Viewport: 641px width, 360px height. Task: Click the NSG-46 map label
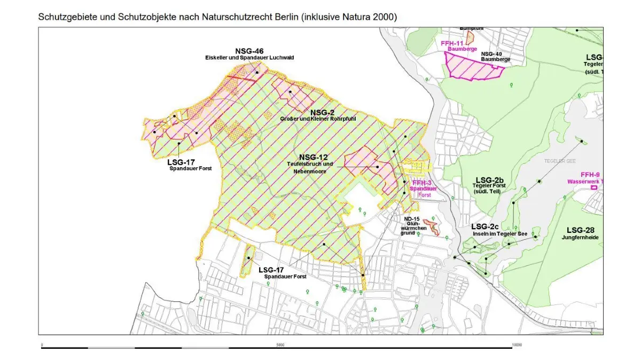249,51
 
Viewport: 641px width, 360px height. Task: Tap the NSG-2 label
322,112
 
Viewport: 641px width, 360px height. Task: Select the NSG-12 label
313,157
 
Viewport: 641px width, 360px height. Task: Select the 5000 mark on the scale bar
280,345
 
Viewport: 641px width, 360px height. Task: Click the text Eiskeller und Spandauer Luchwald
249,57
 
